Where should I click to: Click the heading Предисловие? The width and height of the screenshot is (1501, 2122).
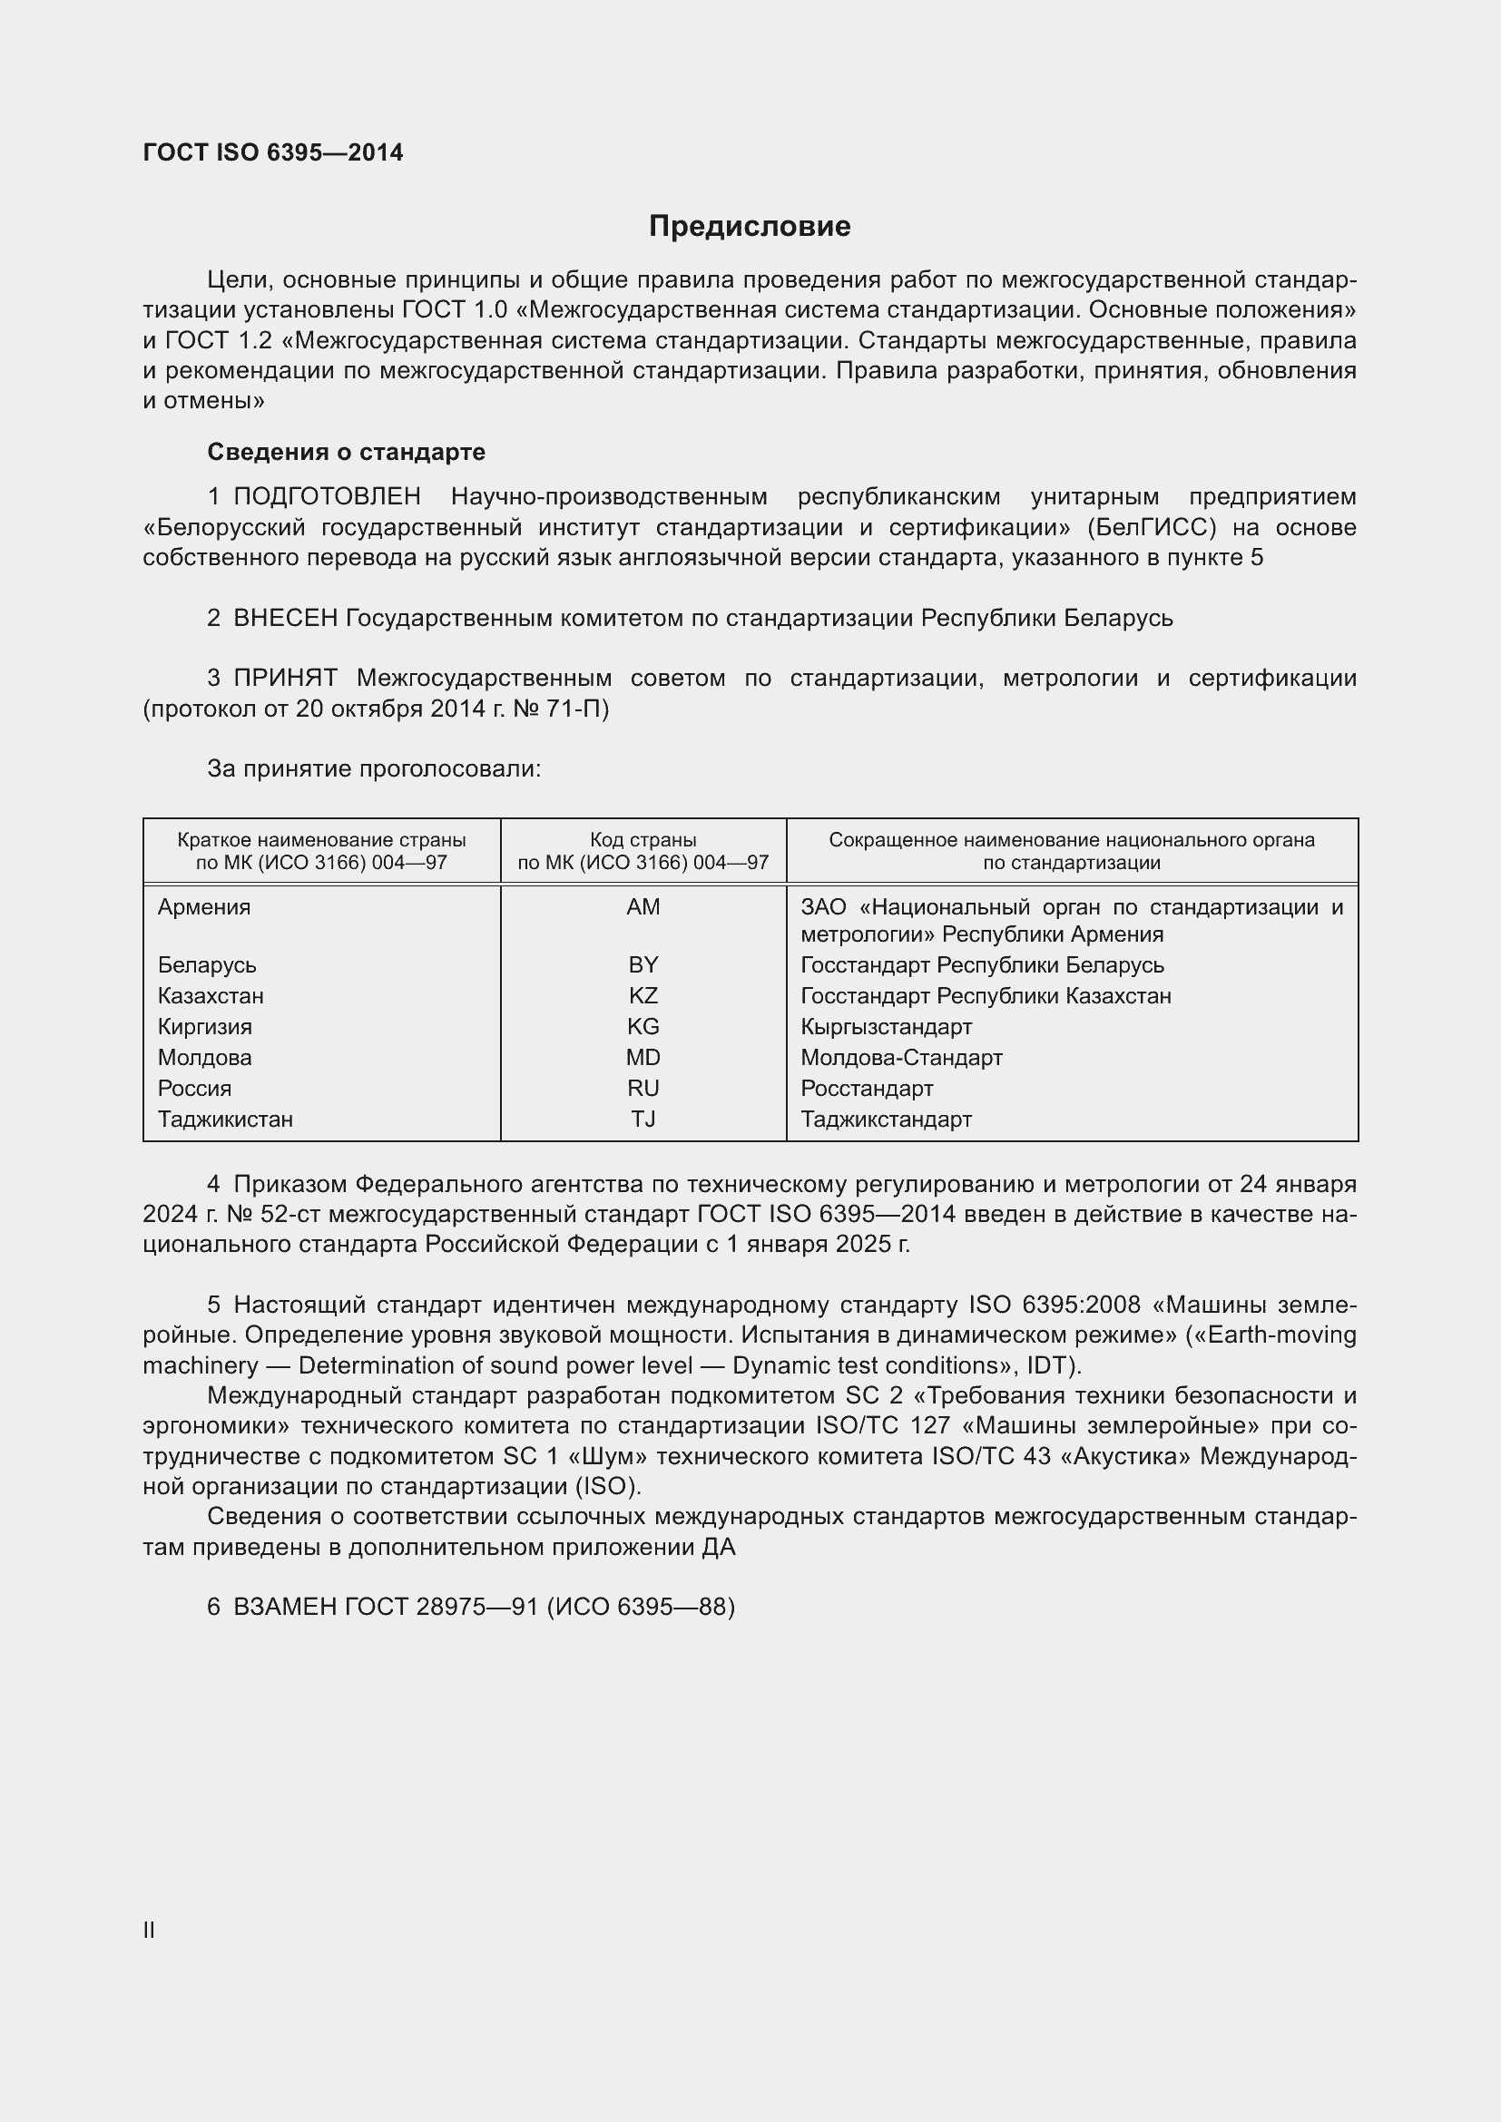pyautogui.click(x=749, y=227)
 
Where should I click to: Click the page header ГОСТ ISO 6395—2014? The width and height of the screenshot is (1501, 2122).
pyautogui.click(x=272, y=152)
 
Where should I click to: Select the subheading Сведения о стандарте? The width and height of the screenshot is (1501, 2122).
pyautogui.click(x=346, y=452)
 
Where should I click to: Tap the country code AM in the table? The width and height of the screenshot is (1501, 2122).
pyautogui.click(x=643, y=906)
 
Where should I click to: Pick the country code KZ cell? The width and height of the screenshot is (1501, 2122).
pyautogui.click(x=643, y=995)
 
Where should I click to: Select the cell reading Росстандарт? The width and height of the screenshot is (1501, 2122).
pyautogui.click(x=866, y=1088)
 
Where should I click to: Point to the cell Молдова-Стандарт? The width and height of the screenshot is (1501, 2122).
pyautogui.click(x=900, y=1057)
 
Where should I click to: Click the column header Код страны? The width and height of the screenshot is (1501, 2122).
pyautogui.click(x=643, y=840)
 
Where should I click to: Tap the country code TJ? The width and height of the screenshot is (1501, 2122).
pyautogui.click(x=643, y=1120)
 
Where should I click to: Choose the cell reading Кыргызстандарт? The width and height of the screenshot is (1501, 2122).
pyautogui.click(x=886, y=1027)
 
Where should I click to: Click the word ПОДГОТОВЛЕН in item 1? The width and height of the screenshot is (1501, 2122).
pyautogui.click(x=328, y=497)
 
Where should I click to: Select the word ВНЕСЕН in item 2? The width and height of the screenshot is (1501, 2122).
pyautogui.click(x=286, y=619)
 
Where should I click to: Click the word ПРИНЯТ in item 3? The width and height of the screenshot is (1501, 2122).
pyautogui.click(x=286, y=679)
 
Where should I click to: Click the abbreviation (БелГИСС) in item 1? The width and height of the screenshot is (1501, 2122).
pyautogui.click(x=1151, y=528)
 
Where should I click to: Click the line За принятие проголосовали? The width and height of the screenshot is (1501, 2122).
pyautogui.click(x=373, y=769)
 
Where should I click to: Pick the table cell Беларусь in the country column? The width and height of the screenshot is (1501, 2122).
pyautogui.click(x=206, y=965)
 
